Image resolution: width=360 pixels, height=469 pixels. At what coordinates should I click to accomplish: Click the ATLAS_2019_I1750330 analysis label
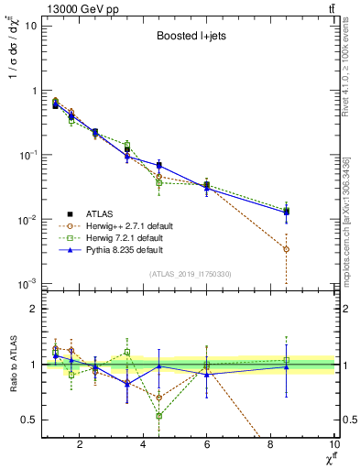[x=191, y=274]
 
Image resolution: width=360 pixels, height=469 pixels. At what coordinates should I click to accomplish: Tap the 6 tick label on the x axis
[x=207, y=445]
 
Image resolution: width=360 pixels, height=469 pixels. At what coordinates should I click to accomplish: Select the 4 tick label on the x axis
[x=144, y=445]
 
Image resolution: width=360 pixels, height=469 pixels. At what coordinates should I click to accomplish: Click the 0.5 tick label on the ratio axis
[x=29, y=420]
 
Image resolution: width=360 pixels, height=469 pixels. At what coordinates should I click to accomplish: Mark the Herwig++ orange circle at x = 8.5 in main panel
[x=287, y=249]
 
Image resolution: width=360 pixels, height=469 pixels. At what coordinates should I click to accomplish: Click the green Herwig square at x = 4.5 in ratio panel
[x=159, y=416]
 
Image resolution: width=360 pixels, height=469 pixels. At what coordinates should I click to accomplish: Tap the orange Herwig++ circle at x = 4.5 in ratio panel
[x=159, y=398]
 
